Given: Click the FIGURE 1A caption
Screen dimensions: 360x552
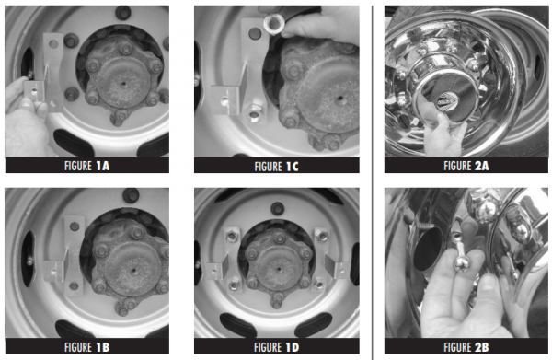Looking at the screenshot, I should (x=86, y=166).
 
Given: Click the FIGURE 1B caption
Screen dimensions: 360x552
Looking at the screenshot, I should (x=86, y=347).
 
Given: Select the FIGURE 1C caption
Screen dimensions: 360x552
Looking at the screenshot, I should (x=276, y=166).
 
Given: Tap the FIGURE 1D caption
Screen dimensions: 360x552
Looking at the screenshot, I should (x=276, y=347).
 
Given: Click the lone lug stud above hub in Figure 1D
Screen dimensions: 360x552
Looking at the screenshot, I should (x=276, y=196).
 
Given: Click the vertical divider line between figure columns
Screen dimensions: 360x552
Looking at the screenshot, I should (x=372, y=180).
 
